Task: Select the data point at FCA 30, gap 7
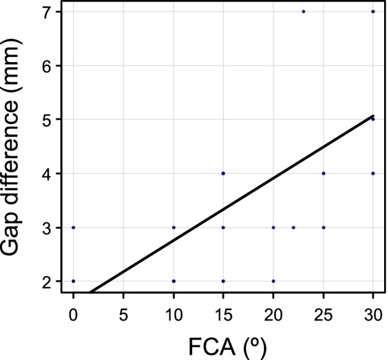pos(373,12)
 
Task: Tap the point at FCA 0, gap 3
pos(73,228)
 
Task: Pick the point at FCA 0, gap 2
pos(73,281)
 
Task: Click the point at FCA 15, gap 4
pos(223,173)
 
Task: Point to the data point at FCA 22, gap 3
pos(293,228)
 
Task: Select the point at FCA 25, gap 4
pos(323,173)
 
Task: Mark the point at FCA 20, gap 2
pos(274,281)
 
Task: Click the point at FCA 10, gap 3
pos(173,228)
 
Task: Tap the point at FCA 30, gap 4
pos(373,173)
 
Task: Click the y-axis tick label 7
pos(50,12)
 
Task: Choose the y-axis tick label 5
pos(50,120)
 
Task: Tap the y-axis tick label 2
pos(50,281)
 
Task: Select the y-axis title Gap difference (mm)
pos(18,147)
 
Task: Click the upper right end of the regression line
pos(373,116)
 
